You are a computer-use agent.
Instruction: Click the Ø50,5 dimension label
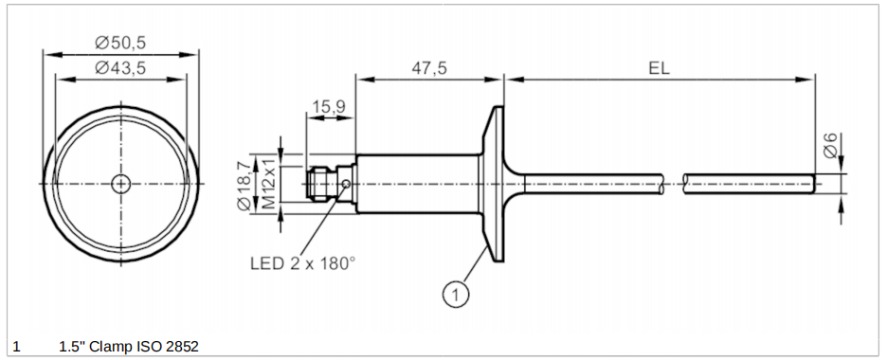120,43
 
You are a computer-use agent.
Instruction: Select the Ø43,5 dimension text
120,68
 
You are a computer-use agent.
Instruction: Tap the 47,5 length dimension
428,68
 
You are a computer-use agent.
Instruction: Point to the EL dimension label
659,68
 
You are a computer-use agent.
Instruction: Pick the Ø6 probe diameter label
830,146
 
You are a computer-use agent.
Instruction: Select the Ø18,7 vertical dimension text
244,186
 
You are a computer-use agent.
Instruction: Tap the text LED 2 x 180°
302,263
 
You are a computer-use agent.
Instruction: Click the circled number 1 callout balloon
456,294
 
